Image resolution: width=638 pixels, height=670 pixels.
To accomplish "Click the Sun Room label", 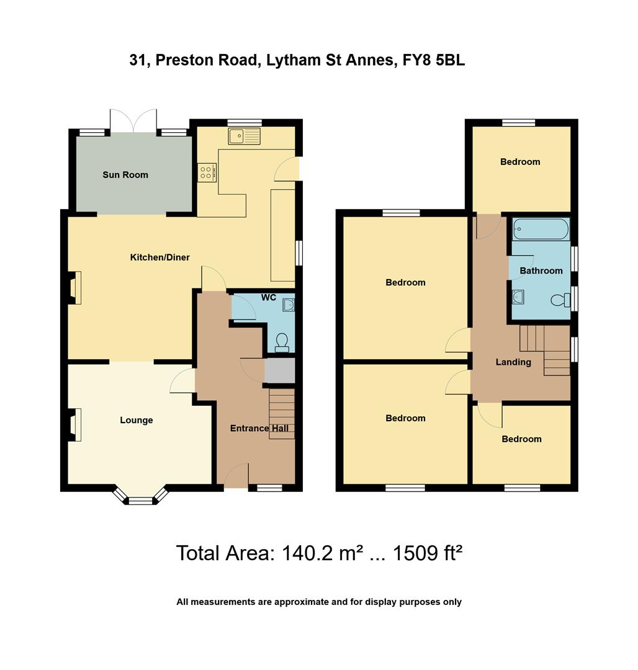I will (125, 175).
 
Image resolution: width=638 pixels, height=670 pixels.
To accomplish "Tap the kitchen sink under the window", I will (244, 136).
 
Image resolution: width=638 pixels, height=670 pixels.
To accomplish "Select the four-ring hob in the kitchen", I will (207, 171).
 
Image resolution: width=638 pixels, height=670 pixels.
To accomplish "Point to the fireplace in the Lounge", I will (73, 425).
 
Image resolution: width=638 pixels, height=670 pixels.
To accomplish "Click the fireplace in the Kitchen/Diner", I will (73, 288).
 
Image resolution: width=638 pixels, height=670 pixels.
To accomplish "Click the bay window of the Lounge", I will (140, 497).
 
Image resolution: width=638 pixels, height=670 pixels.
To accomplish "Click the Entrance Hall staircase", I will (282, 413).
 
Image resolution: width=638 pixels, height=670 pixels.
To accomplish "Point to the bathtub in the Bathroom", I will (541, 230).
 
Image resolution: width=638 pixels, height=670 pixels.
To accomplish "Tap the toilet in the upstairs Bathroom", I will (560, 301).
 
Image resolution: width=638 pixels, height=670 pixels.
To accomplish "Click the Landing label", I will (513, 362).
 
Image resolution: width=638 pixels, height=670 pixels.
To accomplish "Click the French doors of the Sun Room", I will (133, 121).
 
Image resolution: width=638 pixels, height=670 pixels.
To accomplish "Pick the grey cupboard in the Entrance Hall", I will (279, 370).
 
